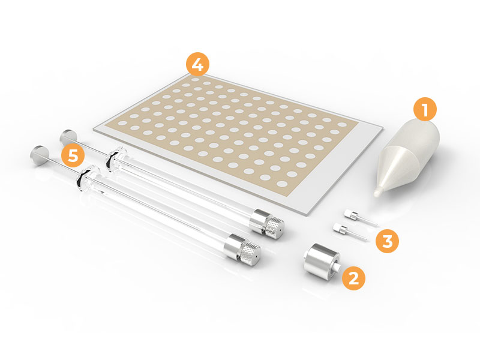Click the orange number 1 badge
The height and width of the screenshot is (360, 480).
(425, 109)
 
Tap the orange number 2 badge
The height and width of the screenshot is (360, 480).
(353, 278)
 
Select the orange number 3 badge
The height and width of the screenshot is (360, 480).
(387, 241)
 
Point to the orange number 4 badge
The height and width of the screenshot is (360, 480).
(198, 64)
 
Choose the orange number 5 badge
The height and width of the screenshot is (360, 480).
(73, 155)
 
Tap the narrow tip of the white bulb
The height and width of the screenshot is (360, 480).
(377, 192)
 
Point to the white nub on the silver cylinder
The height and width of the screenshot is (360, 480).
(337, 266)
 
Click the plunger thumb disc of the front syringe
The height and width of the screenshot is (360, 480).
(39, 154)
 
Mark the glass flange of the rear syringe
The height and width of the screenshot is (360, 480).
(116, 159)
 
